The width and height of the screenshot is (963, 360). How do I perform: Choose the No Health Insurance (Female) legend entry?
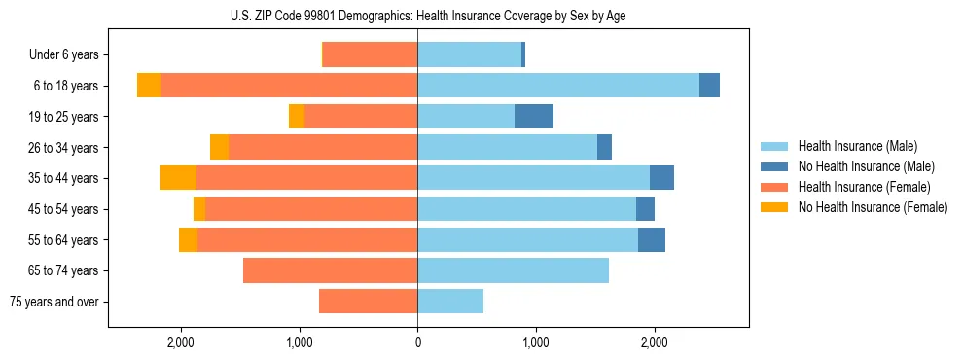[873, 207]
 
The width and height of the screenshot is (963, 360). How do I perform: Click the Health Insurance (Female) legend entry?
[865, 187]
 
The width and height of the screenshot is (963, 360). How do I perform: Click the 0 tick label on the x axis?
[417, 342]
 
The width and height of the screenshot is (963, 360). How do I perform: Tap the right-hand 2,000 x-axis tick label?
[654, 342]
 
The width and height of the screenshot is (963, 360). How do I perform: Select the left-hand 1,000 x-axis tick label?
[300, 342]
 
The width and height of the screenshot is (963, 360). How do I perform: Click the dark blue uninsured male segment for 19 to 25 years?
[534, 117]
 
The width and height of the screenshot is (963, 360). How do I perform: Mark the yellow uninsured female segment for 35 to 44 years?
[178, 178]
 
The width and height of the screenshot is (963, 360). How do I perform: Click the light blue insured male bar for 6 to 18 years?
[558, 86]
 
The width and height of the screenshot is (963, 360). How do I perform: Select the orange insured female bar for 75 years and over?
[369, 302]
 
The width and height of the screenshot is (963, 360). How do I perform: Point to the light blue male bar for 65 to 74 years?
[513, 270]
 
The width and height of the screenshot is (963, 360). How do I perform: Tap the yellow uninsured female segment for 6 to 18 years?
[149, 86]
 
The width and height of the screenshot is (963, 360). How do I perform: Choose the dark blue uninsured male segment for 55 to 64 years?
[652, 239]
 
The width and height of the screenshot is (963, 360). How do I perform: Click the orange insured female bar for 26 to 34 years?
[323, 147]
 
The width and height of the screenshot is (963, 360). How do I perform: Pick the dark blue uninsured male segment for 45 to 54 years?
[645, 208]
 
